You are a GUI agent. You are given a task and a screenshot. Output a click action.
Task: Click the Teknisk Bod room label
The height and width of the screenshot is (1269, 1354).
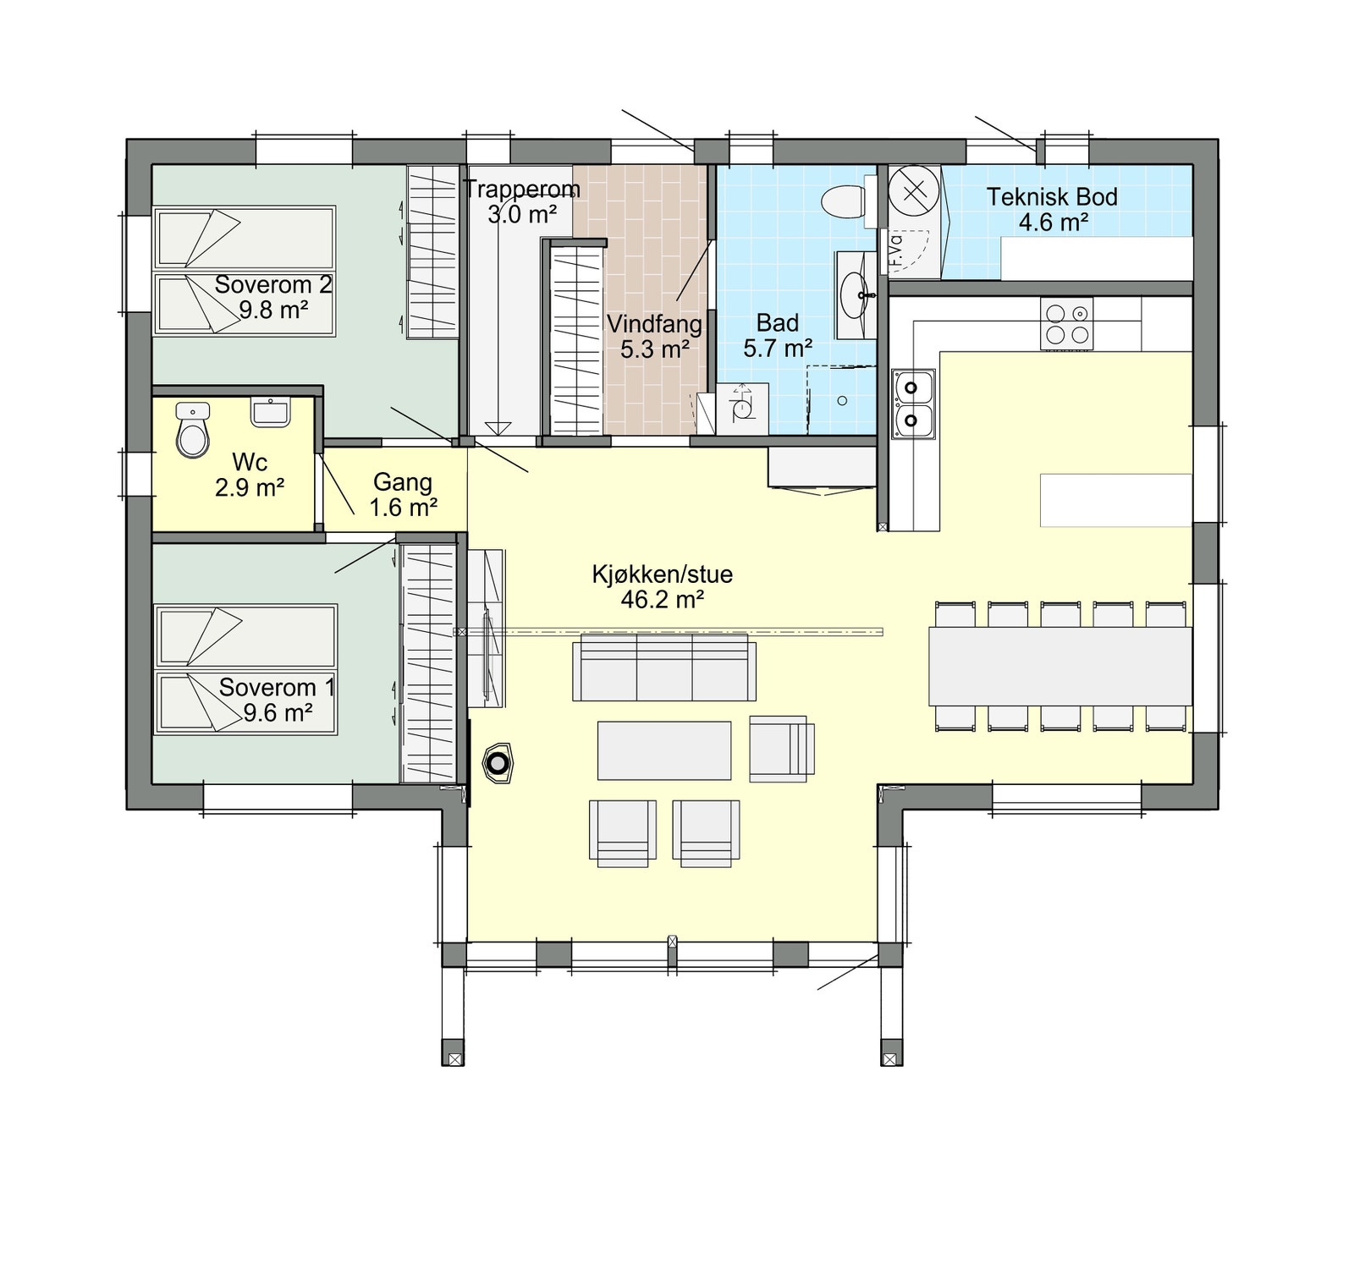coord(1052,197)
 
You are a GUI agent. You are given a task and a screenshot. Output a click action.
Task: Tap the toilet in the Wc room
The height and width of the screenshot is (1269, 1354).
coord(193,433)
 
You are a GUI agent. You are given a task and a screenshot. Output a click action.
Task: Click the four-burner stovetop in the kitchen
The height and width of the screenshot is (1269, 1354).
coord(1066,324)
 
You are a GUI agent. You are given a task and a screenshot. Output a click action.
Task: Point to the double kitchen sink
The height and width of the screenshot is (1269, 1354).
coord(912,404)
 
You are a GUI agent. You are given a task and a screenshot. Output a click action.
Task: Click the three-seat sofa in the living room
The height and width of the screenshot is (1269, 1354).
coord(664,670)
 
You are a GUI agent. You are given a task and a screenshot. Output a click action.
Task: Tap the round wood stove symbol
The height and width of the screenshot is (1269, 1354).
coord(498,764)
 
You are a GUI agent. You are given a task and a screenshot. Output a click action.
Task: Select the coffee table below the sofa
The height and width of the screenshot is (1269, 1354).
coord(664,750)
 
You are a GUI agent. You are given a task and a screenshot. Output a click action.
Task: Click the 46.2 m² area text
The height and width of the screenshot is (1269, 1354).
coord(663,600)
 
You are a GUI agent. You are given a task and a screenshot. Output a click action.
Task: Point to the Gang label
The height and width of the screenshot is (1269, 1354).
coord(403,482)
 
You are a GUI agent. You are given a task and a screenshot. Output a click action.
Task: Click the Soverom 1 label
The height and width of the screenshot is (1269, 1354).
coord(277,687)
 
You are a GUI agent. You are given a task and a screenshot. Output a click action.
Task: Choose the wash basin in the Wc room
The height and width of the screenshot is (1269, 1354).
coord(271,412)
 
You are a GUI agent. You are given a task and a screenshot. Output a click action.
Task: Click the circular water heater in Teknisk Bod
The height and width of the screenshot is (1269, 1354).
coord(914,190)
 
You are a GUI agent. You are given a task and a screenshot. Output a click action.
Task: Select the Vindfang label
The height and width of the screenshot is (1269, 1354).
coord(654,324)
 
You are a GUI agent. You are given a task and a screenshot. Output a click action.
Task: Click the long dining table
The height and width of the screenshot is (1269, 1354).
coord(1060,666)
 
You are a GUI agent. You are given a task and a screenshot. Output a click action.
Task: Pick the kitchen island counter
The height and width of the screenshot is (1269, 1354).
coord(1115,500)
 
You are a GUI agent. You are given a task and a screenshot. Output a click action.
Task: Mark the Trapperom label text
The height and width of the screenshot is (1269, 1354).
coord(521,189)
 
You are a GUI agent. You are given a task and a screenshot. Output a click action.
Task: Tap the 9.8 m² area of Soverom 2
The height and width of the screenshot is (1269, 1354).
coord(272,310)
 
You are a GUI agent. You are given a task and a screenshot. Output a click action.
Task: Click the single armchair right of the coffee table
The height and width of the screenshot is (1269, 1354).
coord(781,748)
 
